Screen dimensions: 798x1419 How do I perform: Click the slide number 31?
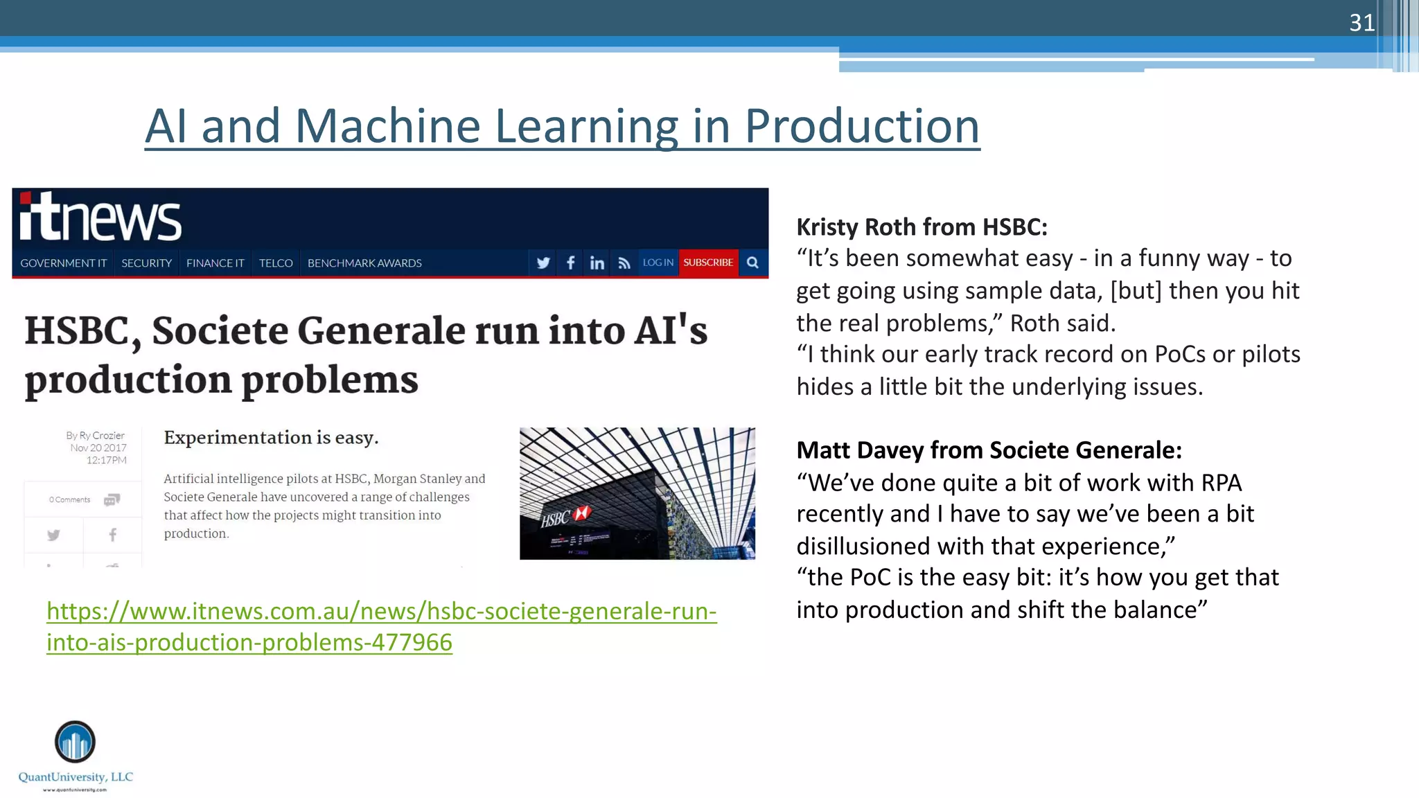(x=1361, y=23)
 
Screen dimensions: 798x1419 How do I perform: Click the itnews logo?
(x=100, y=218)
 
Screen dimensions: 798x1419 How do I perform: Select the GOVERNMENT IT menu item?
(x=63, y=263)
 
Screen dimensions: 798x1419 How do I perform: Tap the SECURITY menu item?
(x=146, y=263)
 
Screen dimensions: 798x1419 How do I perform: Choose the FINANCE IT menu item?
(x=215, y=263)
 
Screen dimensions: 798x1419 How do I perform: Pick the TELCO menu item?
(x=276, y=263)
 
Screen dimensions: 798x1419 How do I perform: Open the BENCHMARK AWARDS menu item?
(x=364, y=263)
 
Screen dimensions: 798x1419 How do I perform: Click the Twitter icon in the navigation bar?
(x=543, y=263)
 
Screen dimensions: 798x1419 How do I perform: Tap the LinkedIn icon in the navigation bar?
(x=597, y=263)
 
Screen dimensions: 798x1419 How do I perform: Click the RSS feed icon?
(x=624, y=263)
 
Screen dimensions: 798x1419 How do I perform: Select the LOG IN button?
(x=658, y=263)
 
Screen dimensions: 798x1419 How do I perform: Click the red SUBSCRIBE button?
(x=708, y=263)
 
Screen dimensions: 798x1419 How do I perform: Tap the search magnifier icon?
(x=753, y=263)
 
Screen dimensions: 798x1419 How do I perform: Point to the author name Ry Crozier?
(x=102, y=436)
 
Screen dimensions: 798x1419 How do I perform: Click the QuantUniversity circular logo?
(x=75, y=741)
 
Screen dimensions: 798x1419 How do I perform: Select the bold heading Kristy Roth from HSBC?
(x=922, y=227)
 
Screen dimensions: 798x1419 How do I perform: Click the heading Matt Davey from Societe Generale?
(x=989, y=450)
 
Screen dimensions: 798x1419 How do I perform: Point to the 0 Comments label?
(x=69, y=499)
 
